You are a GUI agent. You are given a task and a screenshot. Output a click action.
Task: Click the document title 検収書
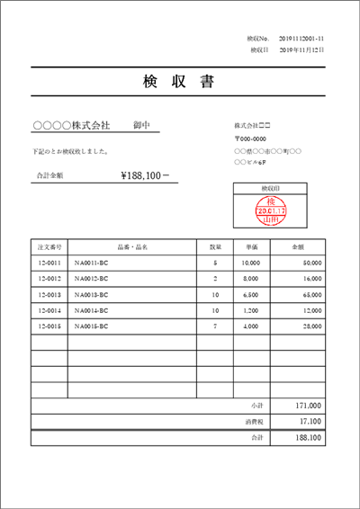pyautogui.click(x=178, y=82)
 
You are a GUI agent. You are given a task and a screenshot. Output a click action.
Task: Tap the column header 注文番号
pyautogui.click(x=49, y=246)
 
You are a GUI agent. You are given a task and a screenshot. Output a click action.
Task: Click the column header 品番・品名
pyautogui.click(x=132, y=246)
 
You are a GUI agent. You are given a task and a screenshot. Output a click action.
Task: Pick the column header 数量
pyautogui.click(x=216, y=246)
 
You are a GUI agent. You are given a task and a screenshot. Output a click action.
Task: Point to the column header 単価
pyautogui.click(x=252, y=246)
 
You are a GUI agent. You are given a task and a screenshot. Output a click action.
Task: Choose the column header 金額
pyautogui.click(x=298, y=246)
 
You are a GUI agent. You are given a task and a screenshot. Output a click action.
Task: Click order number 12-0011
pyautogui.click(x=49, y=263)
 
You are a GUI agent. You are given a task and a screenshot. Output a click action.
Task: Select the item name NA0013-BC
pyautogui.click(x=92, y=294)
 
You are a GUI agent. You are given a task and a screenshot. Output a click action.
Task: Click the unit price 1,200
pyautogui.click(x=251, y=310)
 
